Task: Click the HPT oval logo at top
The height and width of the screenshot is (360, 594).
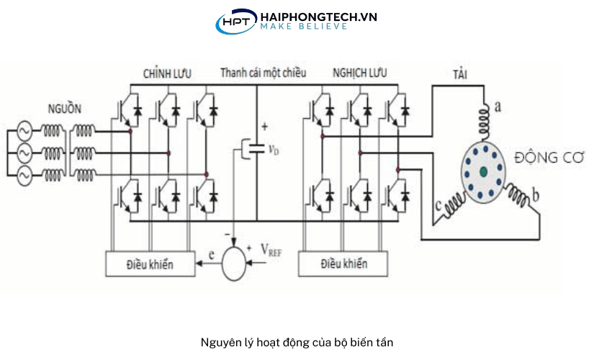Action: pyautogui.click(x=235, y=22)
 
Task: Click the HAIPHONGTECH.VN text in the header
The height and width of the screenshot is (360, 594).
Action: pyautogui.click(x=318, y=16)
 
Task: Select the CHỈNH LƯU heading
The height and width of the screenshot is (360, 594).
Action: pyautogui.click(x=167, y=73)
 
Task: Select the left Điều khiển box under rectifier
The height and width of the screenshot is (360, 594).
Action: pyautogui.click(x=150, y=264)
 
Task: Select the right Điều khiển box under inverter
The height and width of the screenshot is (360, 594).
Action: pyautogui.click(x=343, y=264)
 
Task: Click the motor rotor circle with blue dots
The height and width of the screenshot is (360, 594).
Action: pyautogui.click(x=482, y=170)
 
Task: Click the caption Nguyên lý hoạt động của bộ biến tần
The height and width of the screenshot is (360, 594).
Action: pyautogui.click(x=297, y=342)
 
